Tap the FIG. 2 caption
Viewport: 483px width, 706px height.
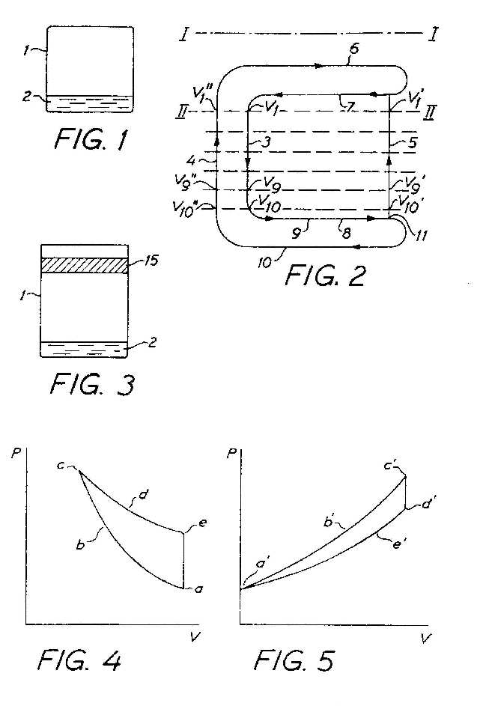tap(325, 275)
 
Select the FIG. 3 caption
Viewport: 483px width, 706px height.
tap(92, 384)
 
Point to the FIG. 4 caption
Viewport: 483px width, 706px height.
tap(79, 660)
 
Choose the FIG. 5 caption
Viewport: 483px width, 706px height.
tap(294, 660)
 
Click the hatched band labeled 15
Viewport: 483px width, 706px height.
tap(85, 265)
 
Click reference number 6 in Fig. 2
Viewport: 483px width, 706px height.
tap(355, 49)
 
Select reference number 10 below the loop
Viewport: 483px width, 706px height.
tap(265, 263)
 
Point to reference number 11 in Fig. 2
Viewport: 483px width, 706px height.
tap(420, 235)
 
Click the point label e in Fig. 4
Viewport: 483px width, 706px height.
tap(202, 523)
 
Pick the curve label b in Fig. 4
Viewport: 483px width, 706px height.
tap(81, 544)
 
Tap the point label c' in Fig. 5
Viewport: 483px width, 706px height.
tap(390, 466)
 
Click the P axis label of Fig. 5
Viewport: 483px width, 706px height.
tap(231, 452)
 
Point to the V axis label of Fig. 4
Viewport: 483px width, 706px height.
tap(195, 636)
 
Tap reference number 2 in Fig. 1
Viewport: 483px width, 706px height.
tap(27, 97)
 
